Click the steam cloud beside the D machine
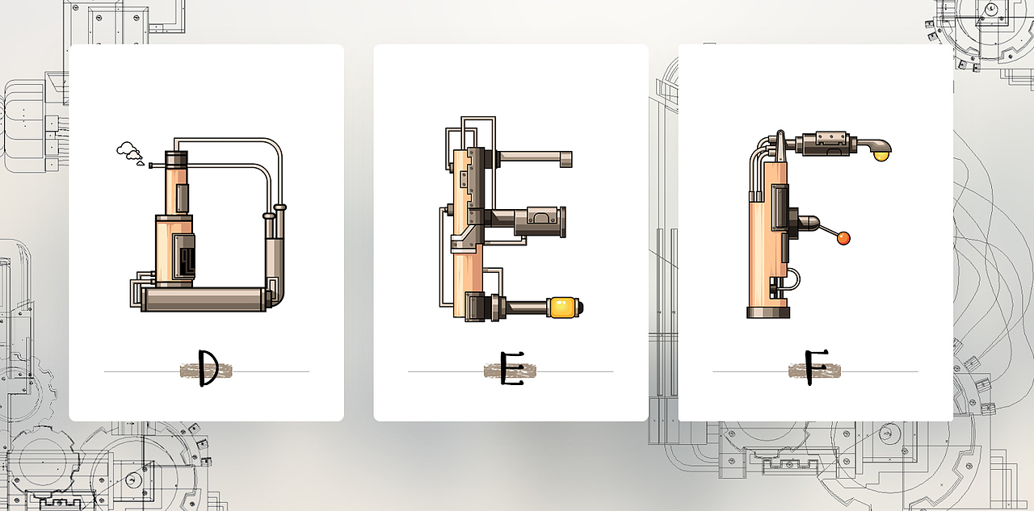(129, 151)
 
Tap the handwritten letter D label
(208, 367)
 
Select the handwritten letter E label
(512, 368)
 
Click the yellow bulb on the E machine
(563, 308)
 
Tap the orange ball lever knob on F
(843, 238)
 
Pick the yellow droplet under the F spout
(881, 156)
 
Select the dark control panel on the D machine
(183, 257)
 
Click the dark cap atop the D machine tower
(176, 159)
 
